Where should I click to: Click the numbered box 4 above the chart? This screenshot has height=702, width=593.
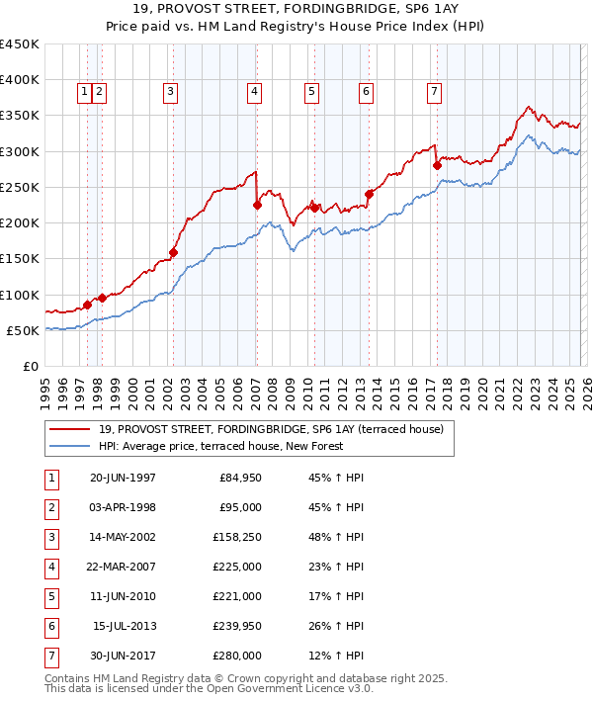point(255,92)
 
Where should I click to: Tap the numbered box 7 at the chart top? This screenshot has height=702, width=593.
point(434,92)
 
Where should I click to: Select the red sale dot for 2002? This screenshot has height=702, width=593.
point(173,252)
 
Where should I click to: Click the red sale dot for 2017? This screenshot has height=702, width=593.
point(437,166)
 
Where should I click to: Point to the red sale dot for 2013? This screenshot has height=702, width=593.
point(369,194)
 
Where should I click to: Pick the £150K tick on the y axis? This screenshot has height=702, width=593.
point(20,259)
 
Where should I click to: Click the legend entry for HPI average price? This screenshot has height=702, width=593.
point(220,446)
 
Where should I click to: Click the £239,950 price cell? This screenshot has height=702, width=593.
point(237,625)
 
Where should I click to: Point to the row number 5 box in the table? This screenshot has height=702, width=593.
point(50,596)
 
